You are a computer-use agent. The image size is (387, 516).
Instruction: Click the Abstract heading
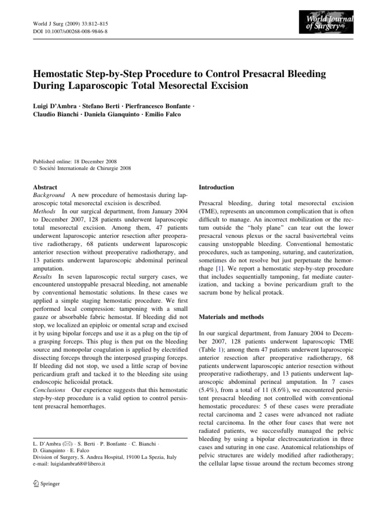45,187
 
